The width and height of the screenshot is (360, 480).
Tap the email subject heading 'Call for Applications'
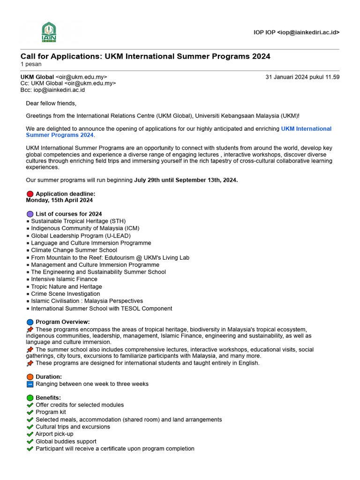point(145,56)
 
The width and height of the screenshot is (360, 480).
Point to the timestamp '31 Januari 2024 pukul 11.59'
point(302,77)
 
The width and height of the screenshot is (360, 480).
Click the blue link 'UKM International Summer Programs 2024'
point(179,132)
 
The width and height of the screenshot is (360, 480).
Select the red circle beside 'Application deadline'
point(30,194)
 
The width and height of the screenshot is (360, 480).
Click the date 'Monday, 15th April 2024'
point(59,200)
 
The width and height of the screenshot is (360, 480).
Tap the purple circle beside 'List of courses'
point(30,214)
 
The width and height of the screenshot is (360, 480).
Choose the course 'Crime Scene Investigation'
point(65,294)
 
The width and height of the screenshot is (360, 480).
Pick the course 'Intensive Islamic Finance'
point(64,279)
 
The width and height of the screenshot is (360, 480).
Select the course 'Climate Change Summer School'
point(74,250)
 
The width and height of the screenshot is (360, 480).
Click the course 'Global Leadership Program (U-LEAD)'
point(81,236)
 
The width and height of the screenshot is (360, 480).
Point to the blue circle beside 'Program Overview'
point(30,322)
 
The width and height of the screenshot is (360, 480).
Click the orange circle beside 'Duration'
point(30,377)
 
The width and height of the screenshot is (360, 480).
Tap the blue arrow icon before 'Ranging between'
point(30,384)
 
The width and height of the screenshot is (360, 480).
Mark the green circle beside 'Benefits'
point(30,398)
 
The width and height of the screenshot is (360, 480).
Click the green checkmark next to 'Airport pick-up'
point(30,434)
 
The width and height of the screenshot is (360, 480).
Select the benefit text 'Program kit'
point(51,412)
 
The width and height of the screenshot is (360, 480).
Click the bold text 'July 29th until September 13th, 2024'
point(186,180)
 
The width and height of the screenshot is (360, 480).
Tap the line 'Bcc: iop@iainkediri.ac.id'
point(52,90)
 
